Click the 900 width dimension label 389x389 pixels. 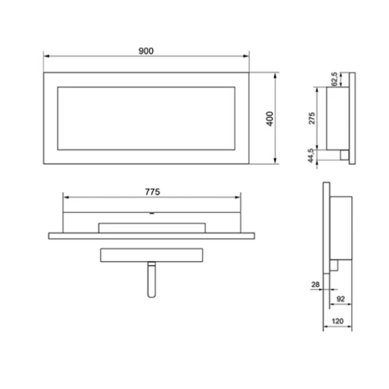146,51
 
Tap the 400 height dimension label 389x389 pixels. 270,119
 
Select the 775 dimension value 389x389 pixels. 152,192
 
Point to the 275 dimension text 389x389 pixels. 312,118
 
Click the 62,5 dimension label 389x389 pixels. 334,79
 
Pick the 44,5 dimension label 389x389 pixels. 311,156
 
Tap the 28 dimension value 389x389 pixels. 315,284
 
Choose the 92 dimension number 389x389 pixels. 340,299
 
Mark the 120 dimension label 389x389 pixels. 338,321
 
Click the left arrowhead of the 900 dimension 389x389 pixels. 47,56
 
